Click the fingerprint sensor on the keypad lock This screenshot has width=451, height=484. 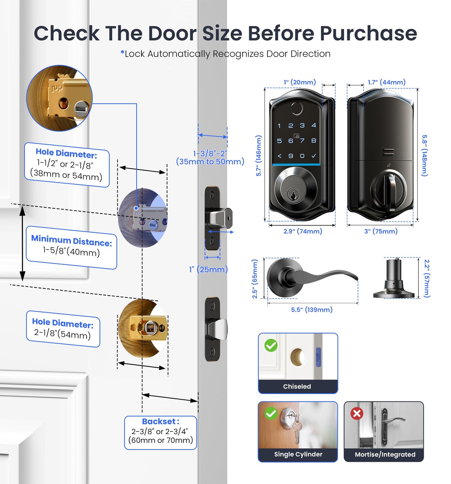coord(296,109)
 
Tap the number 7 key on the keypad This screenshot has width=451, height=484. coord(302,141)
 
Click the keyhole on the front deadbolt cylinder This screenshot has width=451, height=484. coord(293,195)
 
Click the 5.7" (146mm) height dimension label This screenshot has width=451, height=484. coord(258,156)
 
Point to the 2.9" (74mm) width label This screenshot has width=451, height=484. coord(302,231)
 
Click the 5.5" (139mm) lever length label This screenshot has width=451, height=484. coord(311,310)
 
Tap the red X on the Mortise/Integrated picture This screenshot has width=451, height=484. coord(357,413)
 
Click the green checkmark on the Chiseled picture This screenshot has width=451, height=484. coord(271,345)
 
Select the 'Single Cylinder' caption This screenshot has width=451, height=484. coord(298,454)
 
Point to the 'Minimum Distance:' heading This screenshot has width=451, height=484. coord(71,240)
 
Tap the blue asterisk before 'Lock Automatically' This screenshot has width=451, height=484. coord(122,53)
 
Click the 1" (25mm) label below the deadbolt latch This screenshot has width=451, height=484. coord(208,269)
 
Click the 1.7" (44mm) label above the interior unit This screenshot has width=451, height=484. coord(386,82)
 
